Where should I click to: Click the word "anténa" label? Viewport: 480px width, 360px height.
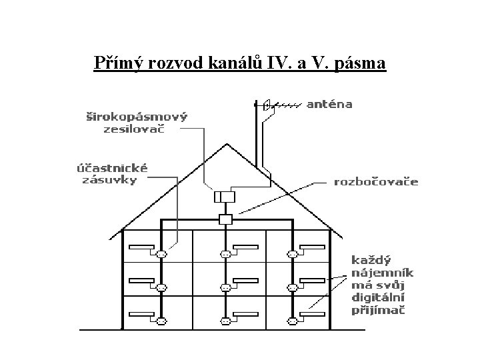point(329,104)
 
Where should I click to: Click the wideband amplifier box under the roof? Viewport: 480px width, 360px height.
point(225,197)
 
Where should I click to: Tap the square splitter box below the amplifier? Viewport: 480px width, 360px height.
point(226,219)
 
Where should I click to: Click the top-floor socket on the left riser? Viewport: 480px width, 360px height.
point(161,254)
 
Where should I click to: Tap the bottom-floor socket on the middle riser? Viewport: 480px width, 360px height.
point(226,321)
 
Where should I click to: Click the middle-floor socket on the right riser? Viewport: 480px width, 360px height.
point(291,287)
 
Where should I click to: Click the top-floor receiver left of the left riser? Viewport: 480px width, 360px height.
point(141,248)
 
